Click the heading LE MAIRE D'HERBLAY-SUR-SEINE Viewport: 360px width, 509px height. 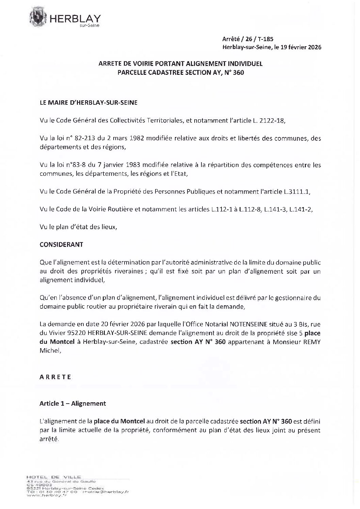[88, 103]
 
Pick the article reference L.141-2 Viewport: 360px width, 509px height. [301, 209]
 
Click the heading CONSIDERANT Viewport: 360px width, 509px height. [61, 245]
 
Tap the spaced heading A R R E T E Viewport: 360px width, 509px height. [55, 377]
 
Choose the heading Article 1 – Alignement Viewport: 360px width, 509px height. [72, 404]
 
